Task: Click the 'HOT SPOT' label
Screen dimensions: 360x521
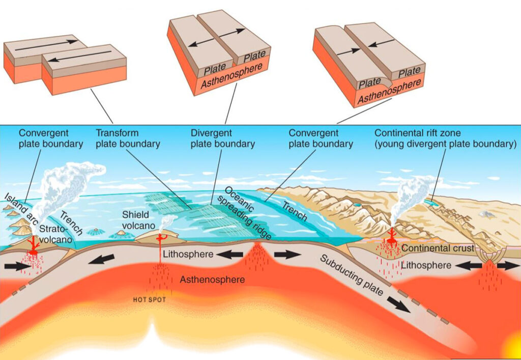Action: (149, 299)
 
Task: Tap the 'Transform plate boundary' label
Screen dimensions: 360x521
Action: (128, 138)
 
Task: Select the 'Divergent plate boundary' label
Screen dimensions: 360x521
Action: (222, 138)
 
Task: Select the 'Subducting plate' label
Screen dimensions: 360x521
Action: (351, 277)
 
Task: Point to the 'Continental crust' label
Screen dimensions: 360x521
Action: (437, 248)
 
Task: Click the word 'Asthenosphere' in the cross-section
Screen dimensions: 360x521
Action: (212, 280)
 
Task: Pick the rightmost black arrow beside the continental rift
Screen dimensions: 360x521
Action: (507, 266)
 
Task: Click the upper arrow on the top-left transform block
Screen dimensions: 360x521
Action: (46, 44)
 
